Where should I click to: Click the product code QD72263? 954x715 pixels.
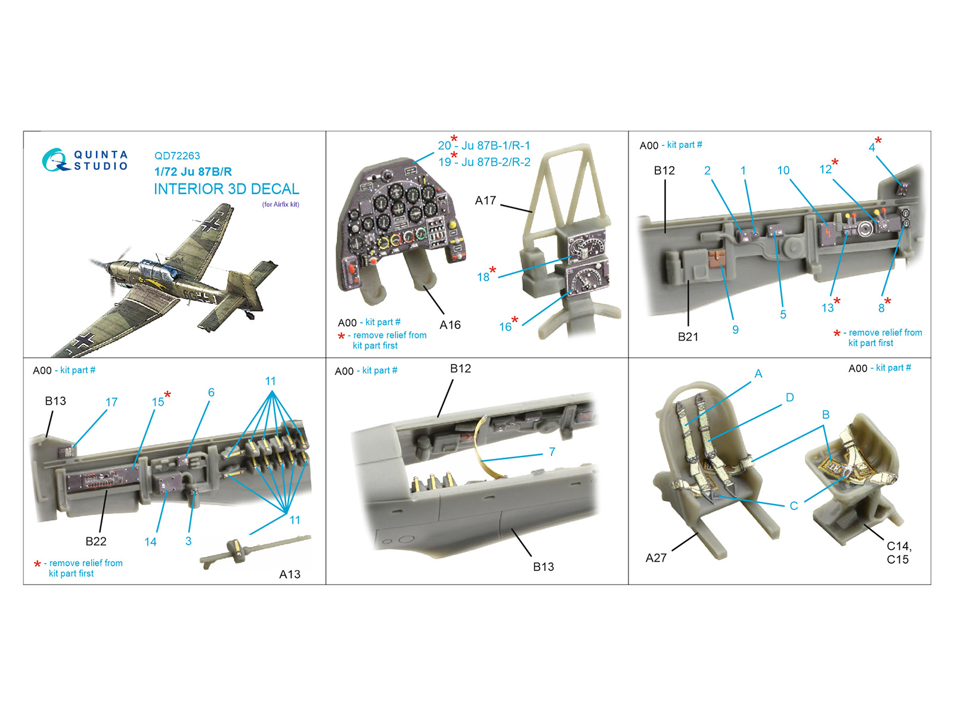point(177,156)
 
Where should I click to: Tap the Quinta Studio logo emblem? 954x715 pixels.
point(55,160)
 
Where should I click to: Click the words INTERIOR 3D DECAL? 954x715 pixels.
point(227,189)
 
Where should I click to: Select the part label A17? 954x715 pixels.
point(485,200)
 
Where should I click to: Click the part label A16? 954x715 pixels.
point(450,325)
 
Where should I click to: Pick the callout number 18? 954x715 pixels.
point(483,277)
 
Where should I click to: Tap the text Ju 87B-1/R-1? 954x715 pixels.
point(496,145)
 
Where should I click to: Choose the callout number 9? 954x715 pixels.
point(735,329)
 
